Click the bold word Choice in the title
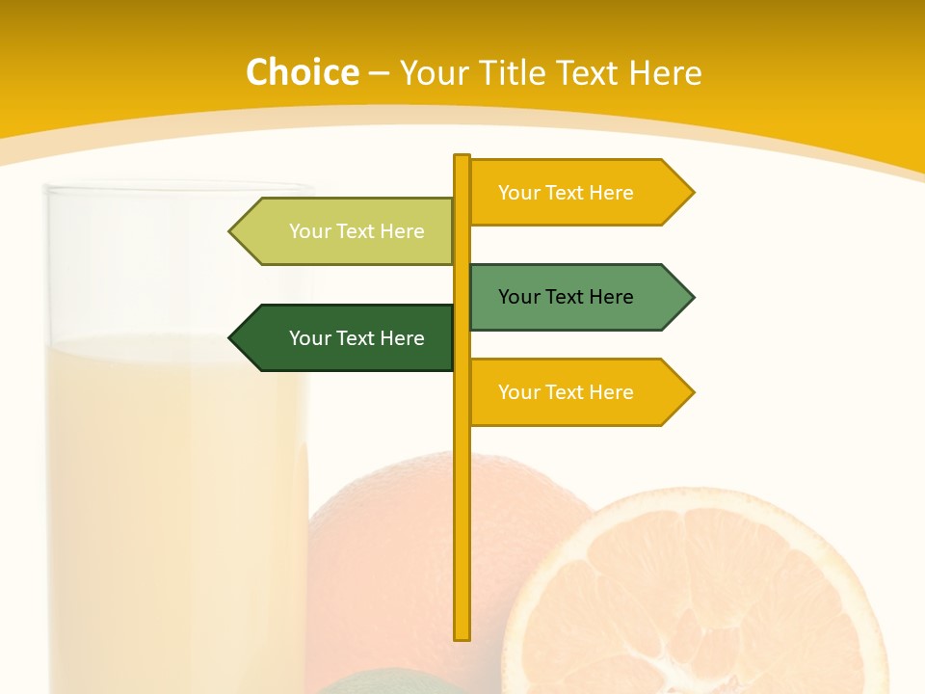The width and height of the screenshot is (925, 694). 302,72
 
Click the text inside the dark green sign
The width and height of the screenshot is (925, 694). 357,338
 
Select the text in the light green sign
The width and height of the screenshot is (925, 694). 357,231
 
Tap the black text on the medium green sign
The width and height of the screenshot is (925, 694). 566,297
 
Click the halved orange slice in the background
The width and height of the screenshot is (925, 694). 694,598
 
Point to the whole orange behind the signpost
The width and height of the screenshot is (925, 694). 385,540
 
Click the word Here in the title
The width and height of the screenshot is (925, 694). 665,72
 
